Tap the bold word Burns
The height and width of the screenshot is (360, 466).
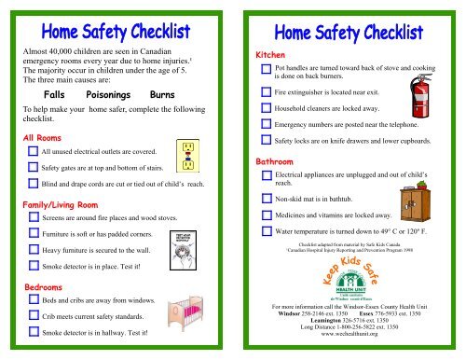tap(164, 94)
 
